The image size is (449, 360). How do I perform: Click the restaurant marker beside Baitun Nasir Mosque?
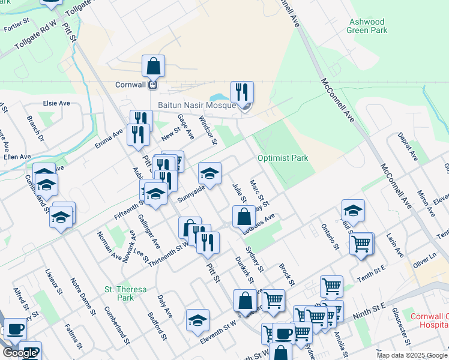(243, 92)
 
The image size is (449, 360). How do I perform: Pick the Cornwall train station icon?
(153, 85)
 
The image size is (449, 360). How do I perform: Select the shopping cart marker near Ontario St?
(362, 243)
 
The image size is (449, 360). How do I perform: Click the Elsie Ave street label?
(56, 103)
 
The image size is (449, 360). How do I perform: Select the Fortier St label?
(16, 21)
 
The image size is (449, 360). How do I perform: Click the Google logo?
(19, 353)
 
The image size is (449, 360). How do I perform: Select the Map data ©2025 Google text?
(411, 355)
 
